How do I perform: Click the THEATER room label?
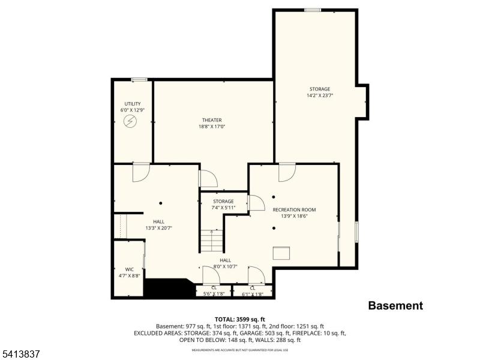pos(212,120)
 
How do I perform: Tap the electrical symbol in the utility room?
pos(130,121)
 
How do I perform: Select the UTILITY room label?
pos(133,104)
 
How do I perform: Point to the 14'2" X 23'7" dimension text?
pos(320,95)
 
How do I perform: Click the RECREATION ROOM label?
pos(294,209)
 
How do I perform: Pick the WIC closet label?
pos(130,269)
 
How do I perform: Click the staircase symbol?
pos(212,241)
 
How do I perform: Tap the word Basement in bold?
pos(395,305)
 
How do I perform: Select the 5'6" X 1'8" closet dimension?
pos(214,294)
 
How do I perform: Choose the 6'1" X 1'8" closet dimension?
pos(253,294)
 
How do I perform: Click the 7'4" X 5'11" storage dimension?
pos(223,208)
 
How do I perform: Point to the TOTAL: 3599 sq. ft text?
pos(240,319)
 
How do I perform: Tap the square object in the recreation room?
pos(281,253)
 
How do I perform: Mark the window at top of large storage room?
pos(312,10)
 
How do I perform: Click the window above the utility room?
pos(139,79)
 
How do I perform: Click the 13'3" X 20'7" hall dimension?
pos(158,228)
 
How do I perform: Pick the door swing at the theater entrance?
pos(206,179)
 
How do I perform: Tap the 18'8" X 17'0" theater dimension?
pos(212,127)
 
